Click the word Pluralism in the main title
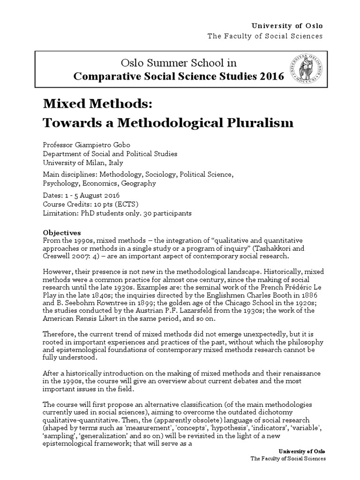pos(255,123)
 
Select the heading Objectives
pos(62,232)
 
